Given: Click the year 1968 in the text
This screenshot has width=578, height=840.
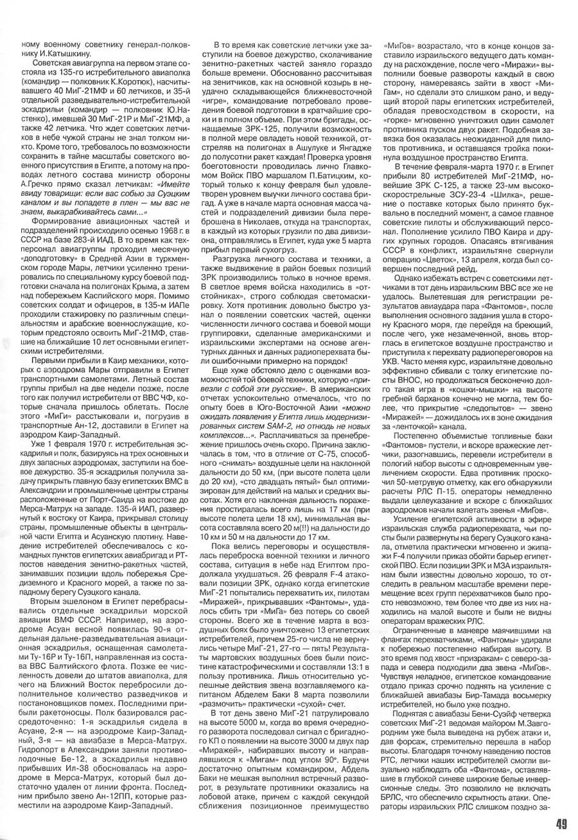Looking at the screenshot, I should click(x=155, y=217).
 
